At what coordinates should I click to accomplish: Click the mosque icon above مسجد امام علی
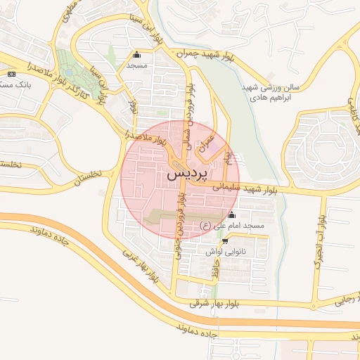click(233, 215)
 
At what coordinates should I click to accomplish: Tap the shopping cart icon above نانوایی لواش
click(225, 240)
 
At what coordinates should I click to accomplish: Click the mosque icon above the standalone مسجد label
click(136, 55)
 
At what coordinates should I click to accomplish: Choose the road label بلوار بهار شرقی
click(219, 303)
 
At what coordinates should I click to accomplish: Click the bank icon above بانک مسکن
click(11, 74)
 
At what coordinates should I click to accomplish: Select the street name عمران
click(205, 144)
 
